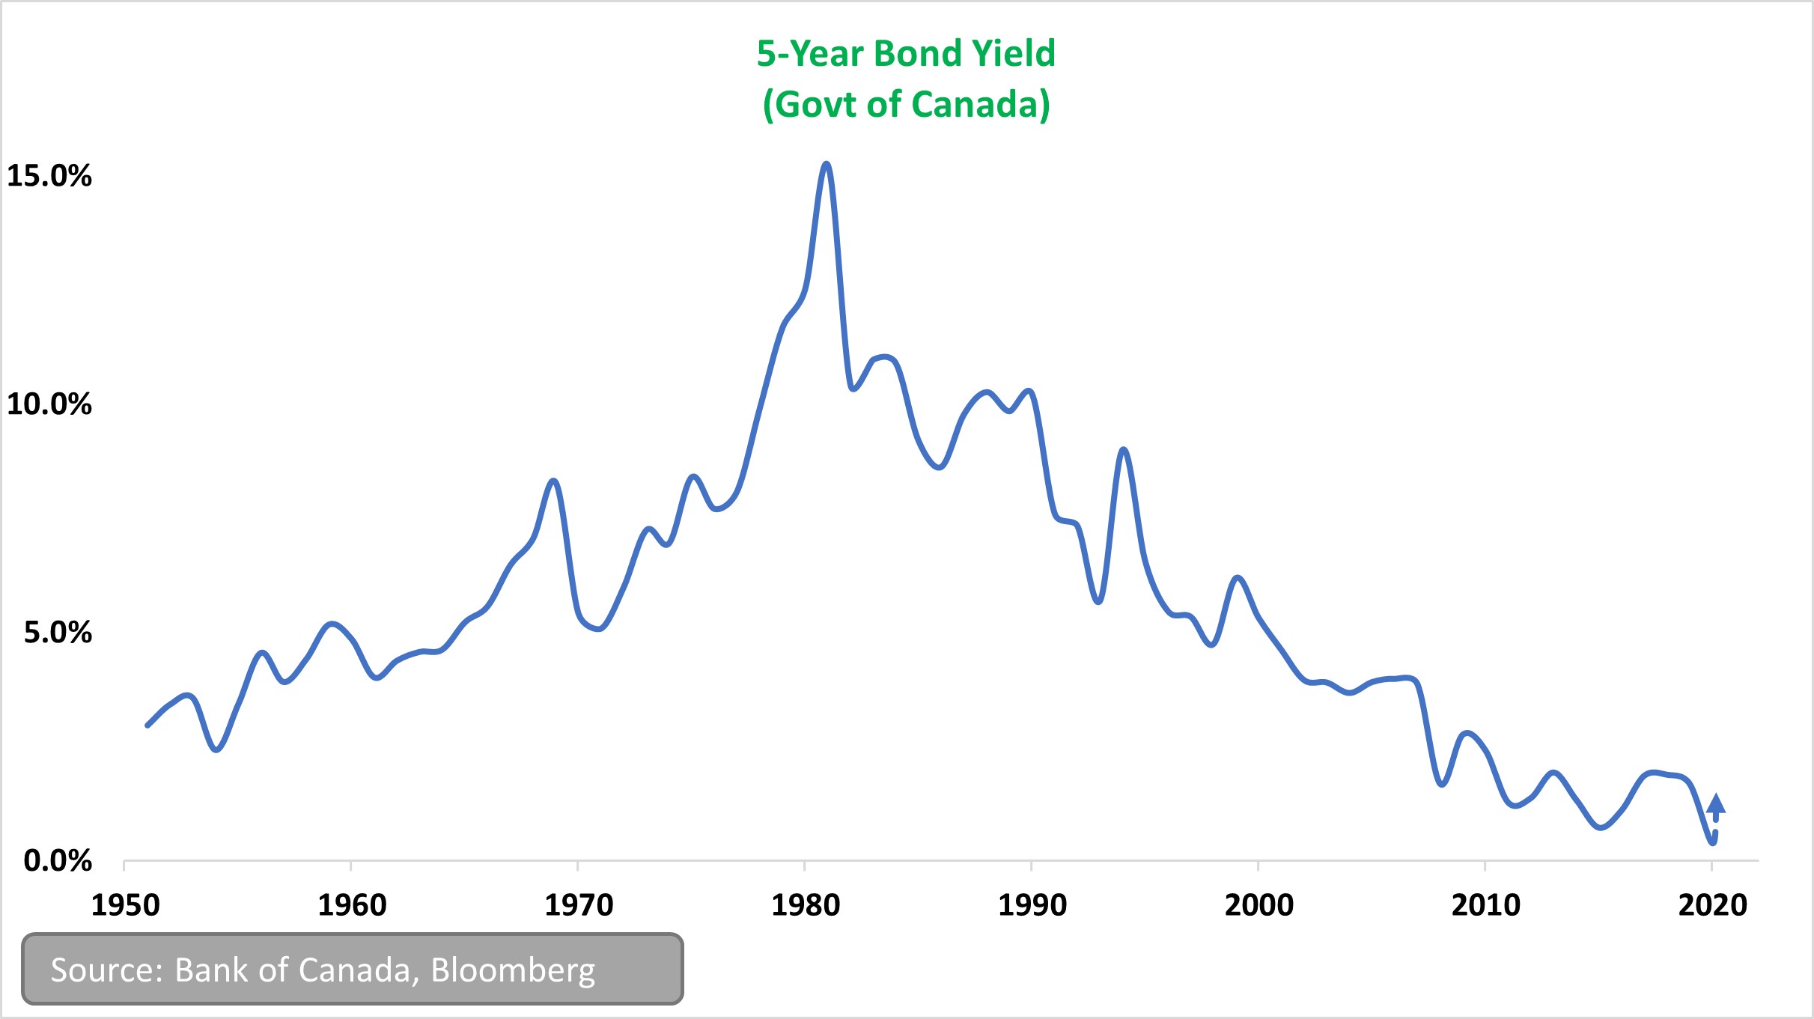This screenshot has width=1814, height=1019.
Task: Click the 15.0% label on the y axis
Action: [x=49, y=177]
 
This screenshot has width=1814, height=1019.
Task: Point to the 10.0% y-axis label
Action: [x=49, y=404]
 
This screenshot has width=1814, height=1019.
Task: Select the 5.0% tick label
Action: [x=58, y=633]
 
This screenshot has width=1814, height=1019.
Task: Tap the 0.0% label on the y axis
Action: [x=58, y=861]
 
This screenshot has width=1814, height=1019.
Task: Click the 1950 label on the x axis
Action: [x=125, y=906]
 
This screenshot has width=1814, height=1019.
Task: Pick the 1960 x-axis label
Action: [x=352, y=906]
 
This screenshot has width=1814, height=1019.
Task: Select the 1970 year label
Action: [x=579, y=906]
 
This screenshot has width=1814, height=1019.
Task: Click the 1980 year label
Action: [x=806, y=906]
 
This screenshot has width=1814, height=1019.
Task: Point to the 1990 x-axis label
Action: [x=1032, y=906]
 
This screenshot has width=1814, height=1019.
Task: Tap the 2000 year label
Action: [x=1259, y=906]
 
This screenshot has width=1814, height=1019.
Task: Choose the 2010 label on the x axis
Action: [x=1486, y=906]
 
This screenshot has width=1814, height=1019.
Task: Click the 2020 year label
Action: [x=1713, y=906]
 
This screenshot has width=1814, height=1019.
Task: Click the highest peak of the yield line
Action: [x=826, y=164]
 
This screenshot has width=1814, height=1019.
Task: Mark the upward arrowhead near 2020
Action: [x=1716, y=803]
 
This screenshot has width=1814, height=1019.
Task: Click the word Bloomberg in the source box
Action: [x=513, y=970]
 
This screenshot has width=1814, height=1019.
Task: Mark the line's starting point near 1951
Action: [x=147, y=725]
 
